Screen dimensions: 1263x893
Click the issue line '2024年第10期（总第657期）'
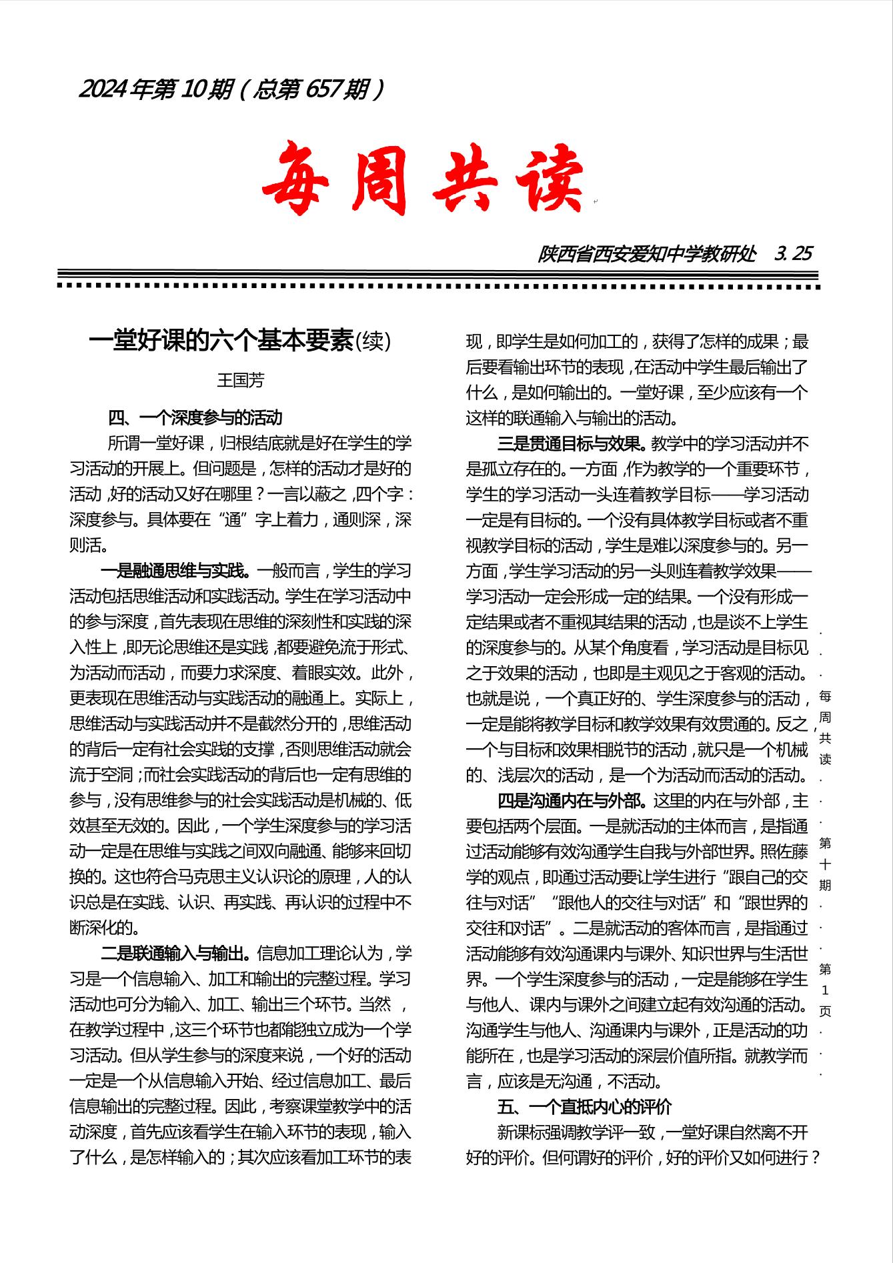232,89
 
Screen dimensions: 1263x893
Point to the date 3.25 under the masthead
794,254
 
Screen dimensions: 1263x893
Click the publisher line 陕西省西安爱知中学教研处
647,254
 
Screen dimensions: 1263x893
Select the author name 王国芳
241,380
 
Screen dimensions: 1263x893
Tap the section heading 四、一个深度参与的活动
195,418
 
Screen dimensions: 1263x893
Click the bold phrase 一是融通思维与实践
175,571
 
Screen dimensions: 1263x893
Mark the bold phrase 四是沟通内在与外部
572,800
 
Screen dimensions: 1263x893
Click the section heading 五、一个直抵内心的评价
584,1107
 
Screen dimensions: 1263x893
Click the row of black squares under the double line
439,286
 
